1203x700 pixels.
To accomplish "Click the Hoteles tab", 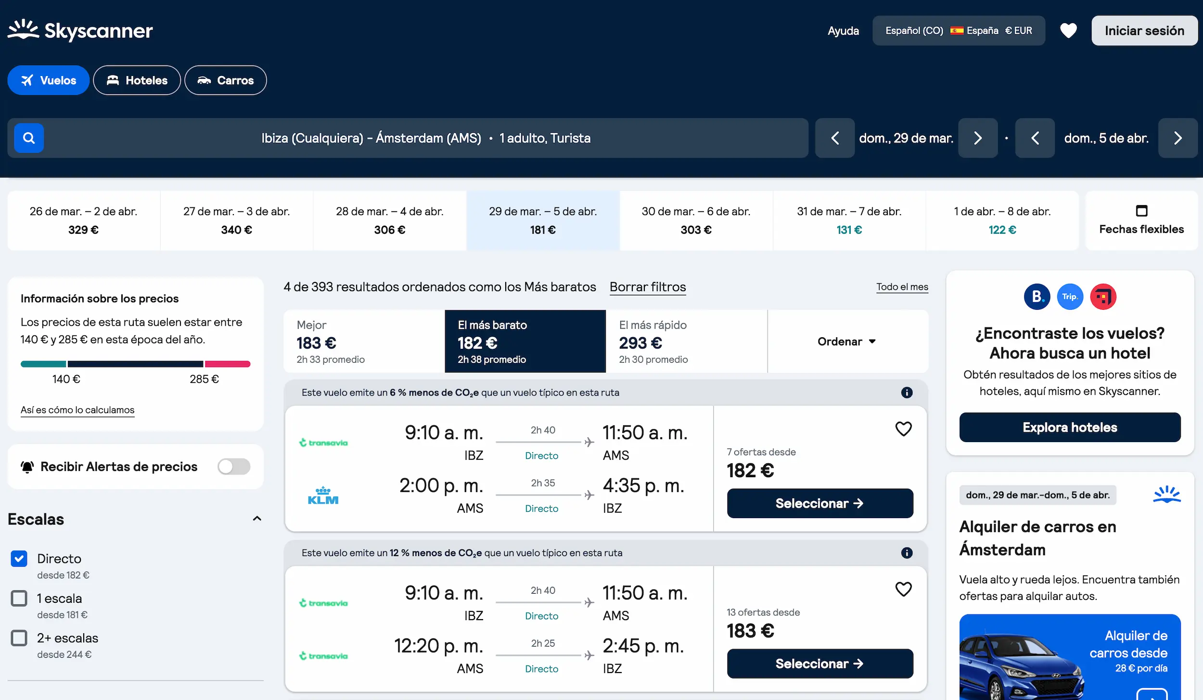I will coord(137,80).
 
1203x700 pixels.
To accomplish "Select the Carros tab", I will coord(225,80).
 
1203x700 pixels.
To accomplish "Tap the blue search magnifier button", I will coord(29,138).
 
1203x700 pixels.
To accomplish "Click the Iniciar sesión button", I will coord(1144,31).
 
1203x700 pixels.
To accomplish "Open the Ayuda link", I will coord(843,31).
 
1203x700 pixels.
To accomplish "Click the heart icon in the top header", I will coord(1068,31).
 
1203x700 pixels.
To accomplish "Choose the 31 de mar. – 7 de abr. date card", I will coord(849,220).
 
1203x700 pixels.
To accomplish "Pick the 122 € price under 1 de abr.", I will coord(1002,230).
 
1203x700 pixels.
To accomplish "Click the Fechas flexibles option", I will coord(1141,220).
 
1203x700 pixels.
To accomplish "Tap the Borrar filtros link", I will coord(647,287).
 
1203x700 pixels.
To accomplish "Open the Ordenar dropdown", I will coord(846,341).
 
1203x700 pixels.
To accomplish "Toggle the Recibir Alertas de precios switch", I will coord(233,466).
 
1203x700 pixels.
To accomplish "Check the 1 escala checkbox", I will coord(19,598).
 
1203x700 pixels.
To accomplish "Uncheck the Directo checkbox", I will coord(19,559).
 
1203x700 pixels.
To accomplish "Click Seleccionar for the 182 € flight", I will coord(819,503).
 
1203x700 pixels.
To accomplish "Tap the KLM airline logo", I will coord(323,496).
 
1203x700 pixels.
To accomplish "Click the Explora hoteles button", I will coord(1069,427).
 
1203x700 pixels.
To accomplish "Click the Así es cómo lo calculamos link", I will coord(77,410).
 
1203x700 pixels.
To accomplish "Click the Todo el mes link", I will coord(902,287).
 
